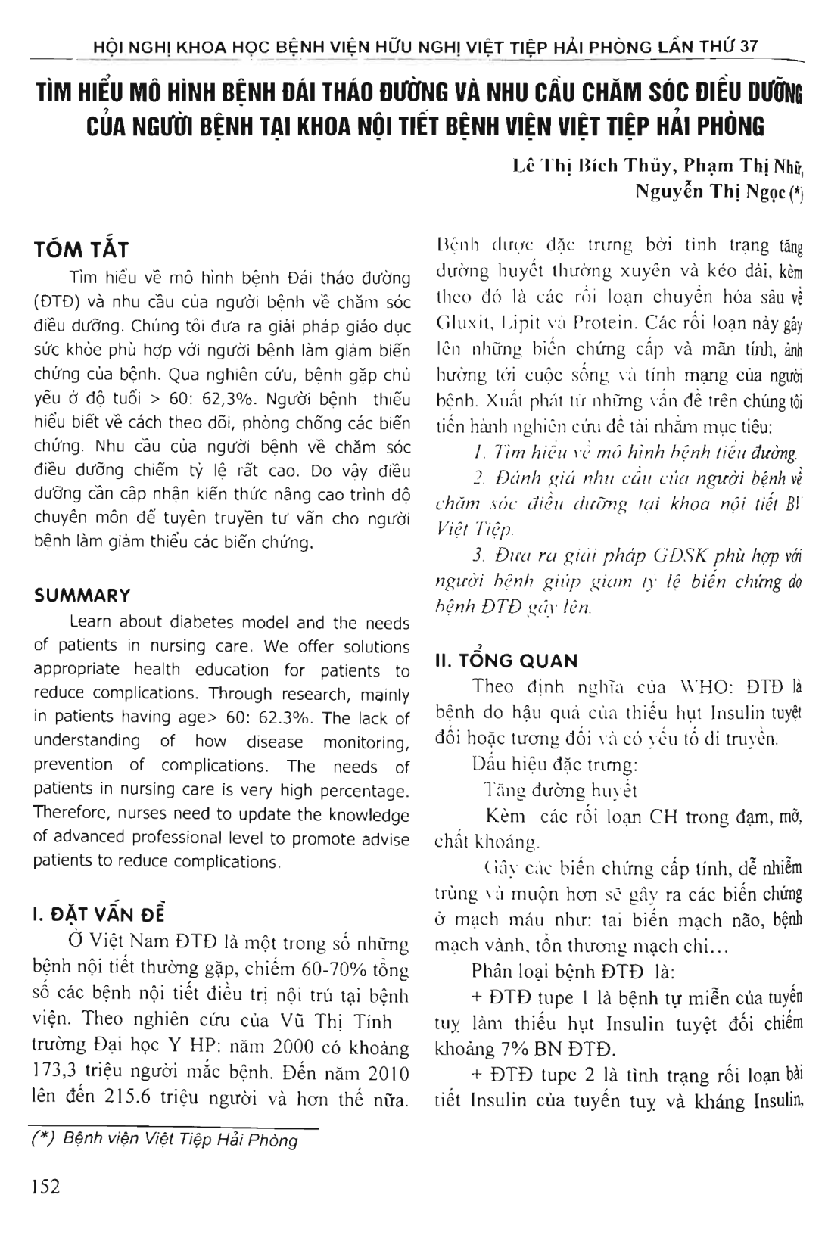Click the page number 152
45,1187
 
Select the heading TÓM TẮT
82,250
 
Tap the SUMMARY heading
82,596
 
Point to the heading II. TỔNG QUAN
506,661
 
